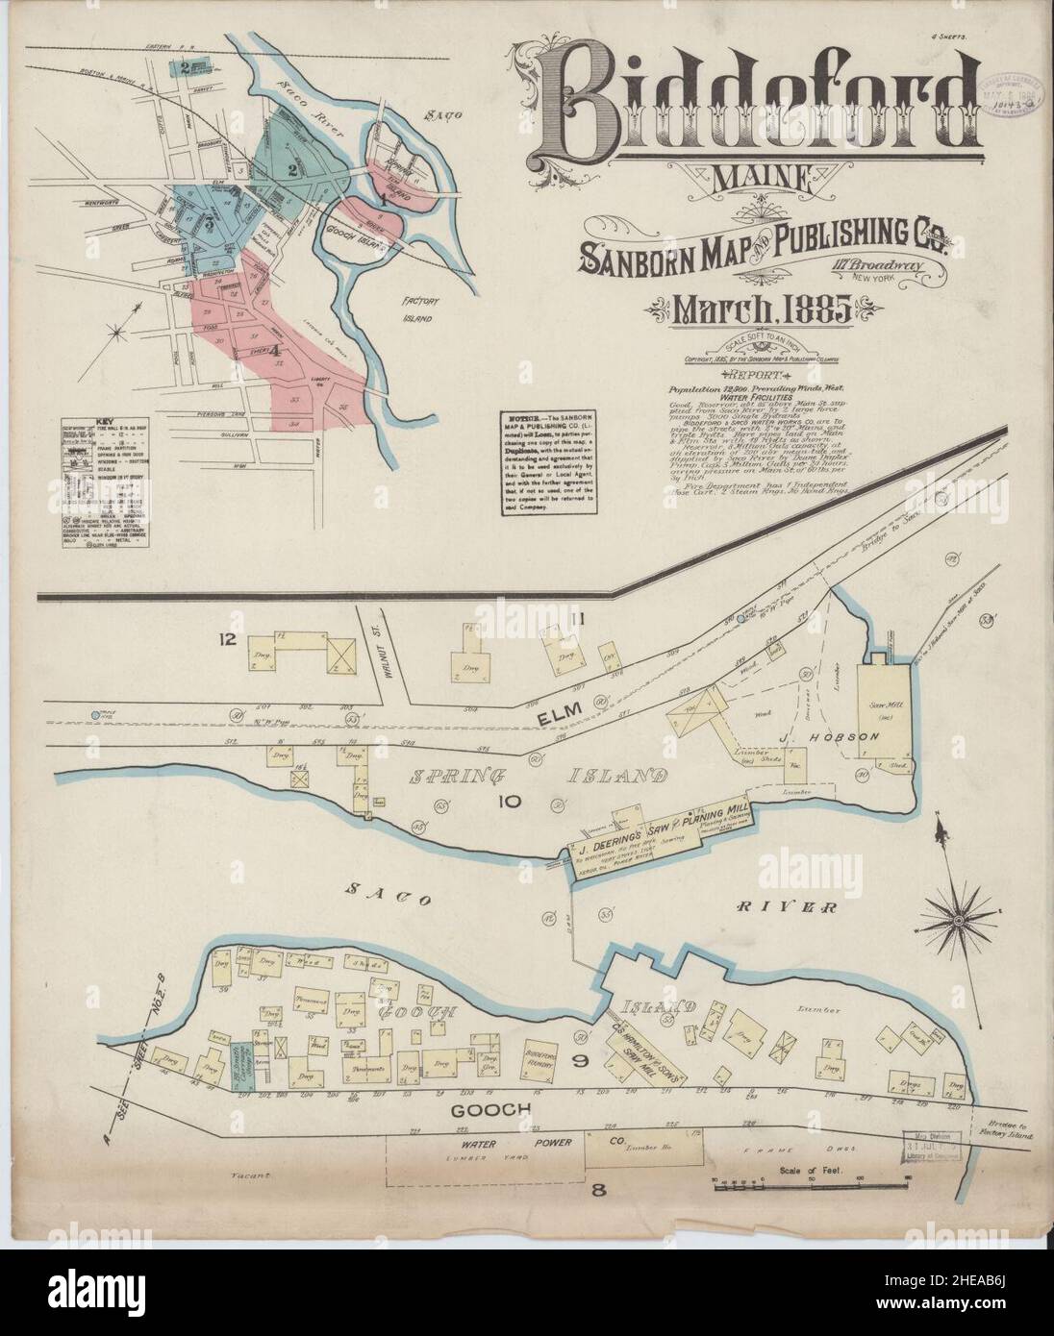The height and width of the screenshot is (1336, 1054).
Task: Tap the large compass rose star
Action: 958,921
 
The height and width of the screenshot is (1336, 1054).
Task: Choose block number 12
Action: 227,638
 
